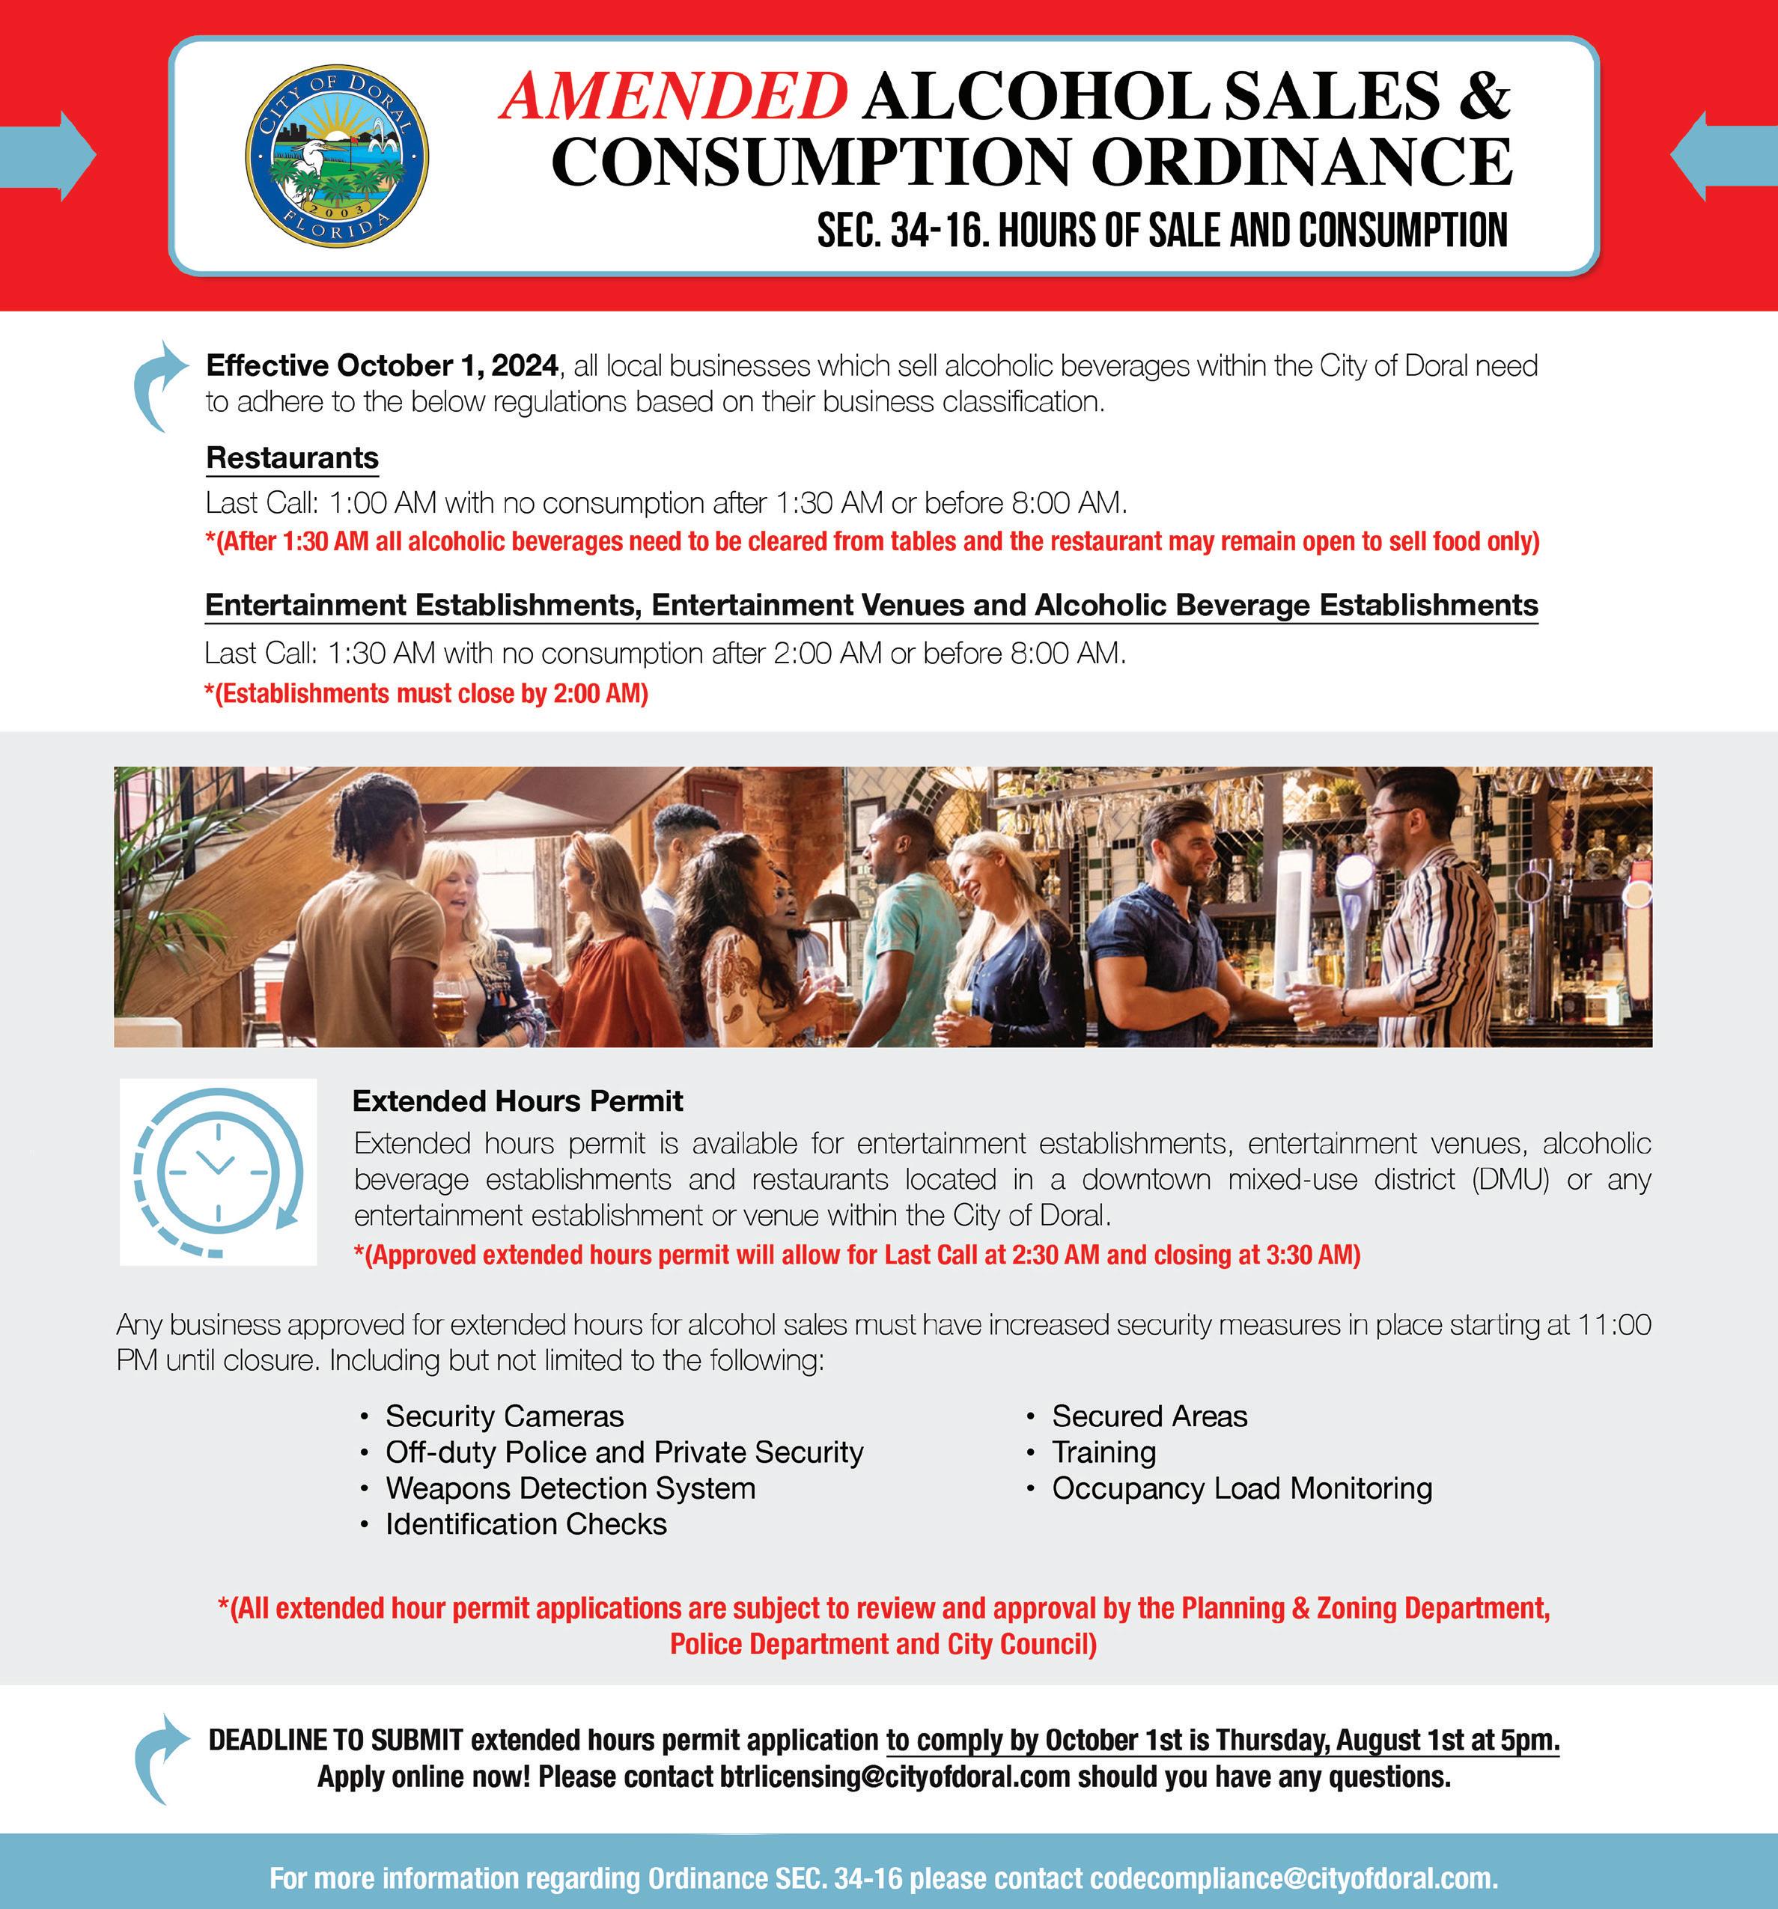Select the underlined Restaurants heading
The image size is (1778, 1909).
292,458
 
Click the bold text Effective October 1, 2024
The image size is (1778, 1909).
382,366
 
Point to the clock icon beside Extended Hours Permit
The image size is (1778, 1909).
218,1172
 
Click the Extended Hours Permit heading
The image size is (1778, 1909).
517,1100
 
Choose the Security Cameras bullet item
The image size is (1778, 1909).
504,1416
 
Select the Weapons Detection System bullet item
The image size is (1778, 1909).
570,1488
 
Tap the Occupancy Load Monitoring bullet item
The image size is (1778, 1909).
1241,1488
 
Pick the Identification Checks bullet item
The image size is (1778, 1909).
526,1524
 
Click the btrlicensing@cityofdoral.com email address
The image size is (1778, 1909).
894,1776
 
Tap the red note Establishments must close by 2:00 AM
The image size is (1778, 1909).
426,693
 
